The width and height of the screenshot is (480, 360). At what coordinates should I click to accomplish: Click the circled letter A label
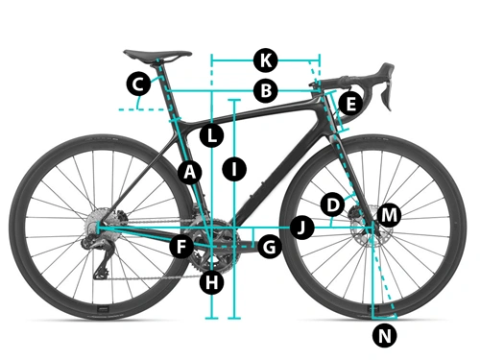(189, 172)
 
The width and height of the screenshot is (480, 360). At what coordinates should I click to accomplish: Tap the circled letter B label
(265, 92)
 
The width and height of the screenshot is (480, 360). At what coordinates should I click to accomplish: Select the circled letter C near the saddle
(138, 84)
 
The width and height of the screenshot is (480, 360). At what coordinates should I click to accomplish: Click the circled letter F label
(180, 247)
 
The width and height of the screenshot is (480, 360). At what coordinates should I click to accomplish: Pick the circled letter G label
(269, 247)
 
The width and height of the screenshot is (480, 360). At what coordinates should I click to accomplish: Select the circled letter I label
(233, 169)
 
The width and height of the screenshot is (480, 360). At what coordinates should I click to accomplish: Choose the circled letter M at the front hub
(388, 215)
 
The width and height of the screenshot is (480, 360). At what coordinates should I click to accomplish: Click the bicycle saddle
(155, 53)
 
